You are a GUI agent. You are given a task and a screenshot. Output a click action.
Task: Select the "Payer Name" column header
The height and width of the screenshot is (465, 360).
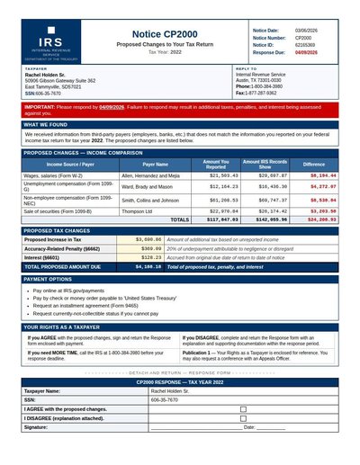[x=156, y=165]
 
